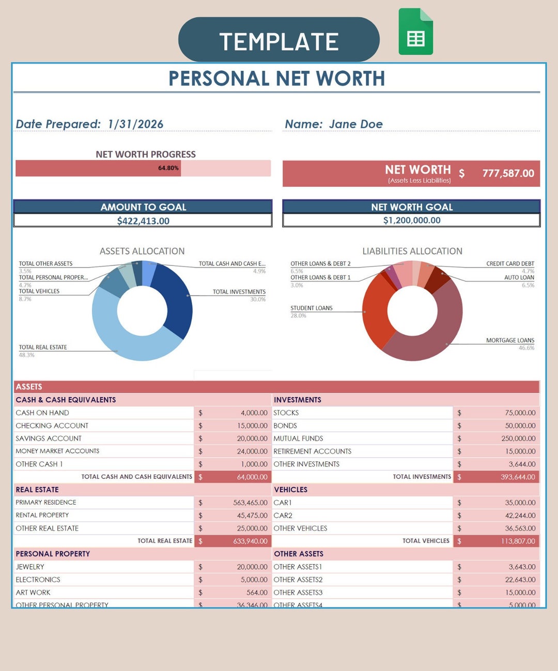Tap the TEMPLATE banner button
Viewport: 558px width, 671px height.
pos(278,40)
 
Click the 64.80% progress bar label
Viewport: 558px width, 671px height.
pos(168,168)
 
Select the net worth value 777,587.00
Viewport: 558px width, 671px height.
pos(508,174)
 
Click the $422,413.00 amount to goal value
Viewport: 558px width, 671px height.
pos(143,221)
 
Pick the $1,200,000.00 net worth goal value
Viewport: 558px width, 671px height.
pos(412,220)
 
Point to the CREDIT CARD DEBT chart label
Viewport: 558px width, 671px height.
pos(510,263)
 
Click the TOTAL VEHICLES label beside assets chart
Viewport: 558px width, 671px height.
pos(39,291)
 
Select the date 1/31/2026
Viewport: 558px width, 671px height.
pos(135,124)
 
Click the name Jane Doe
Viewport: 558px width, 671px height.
pos(355,124)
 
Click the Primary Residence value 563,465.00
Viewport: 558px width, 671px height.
pos(250,503)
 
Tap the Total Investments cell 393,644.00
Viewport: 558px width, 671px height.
pos(518,477)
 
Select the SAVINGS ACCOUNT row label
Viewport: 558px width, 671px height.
pos(49,439)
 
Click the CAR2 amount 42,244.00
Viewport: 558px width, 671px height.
pos(520,516)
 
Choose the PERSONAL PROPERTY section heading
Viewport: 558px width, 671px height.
pos(53,554)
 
